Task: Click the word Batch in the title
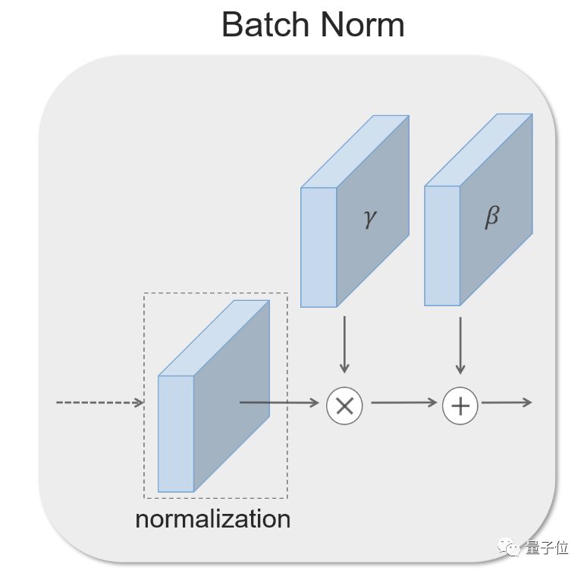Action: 265,24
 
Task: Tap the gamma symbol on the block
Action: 369,218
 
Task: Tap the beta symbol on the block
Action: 491,217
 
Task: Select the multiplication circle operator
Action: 344,405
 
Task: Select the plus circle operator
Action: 460,405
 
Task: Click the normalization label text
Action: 212,519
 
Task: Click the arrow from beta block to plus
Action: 460,345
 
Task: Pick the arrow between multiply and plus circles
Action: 403,403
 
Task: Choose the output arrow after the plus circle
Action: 506,402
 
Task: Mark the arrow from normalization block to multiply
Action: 279,402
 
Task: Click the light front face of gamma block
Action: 319,247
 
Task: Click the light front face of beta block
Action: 442,246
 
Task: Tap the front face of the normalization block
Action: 176,434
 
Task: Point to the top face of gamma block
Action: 355,152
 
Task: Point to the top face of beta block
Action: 479,150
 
